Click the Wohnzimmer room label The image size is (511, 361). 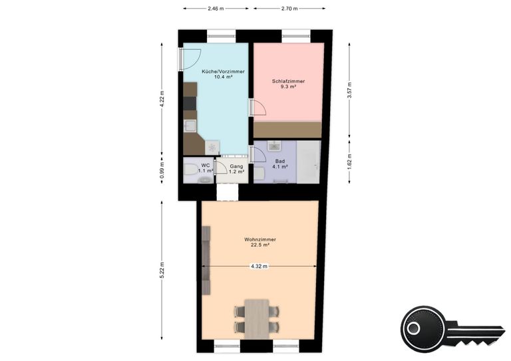[260, 239]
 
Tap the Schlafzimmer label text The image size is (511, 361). [288, 81]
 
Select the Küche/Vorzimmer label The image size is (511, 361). [224, 72]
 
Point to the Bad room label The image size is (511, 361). [280, 161]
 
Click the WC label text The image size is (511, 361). [206, 166]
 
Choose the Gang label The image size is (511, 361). [237, 166]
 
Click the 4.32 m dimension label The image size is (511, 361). [259, 267]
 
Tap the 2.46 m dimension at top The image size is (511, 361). [216, 9]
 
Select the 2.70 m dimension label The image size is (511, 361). [289, 9]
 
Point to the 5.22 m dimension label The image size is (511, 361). [162, 270]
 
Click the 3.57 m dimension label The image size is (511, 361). [349, 90]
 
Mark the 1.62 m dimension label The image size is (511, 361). [349, 162]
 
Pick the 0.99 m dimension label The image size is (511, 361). [162, 170]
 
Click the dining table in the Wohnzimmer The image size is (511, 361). [257, 319]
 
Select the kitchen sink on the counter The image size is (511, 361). [190, 126]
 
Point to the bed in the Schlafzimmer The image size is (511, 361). [287, 130]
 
